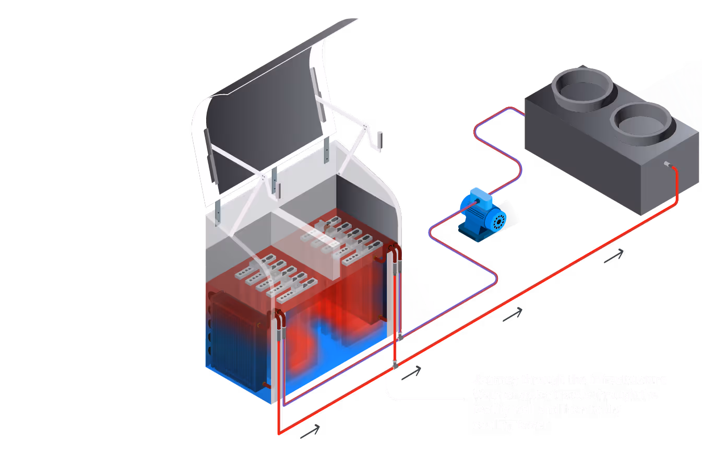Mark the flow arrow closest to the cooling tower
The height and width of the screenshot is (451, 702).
click(614, 256)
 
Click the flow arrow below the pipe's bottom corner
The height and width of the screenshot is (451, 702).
click(310, 431)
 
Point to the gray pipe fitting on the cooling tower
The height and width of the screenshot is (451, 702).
click(667, 165)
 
